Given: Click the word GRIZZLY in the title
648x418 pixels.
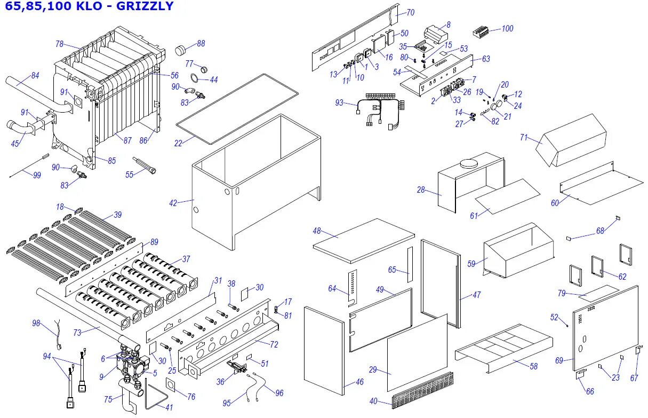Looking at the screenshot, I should point(145,6).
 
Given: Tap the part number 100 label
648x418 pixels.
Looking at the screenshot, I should point(507,28).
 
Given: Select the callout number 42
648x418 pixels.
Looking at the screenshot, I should point(173,202).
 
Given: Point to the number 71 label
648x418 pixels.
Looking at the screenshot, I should point(524,138).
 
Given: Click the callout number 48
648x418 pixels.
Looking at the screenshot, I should point(317,231).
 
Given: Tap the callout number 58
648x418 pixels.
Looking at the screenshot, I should point(533,366).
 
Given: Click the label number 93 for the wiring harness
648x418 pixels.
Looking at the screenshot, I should point(339,102).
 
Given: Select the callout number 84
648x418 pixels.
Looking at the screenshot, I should point(35,75).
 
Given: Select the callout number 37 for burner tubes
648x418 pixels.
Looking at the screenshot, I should point(186,259).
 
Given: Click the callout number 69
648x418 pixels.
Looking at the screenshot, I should point(559,360).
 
